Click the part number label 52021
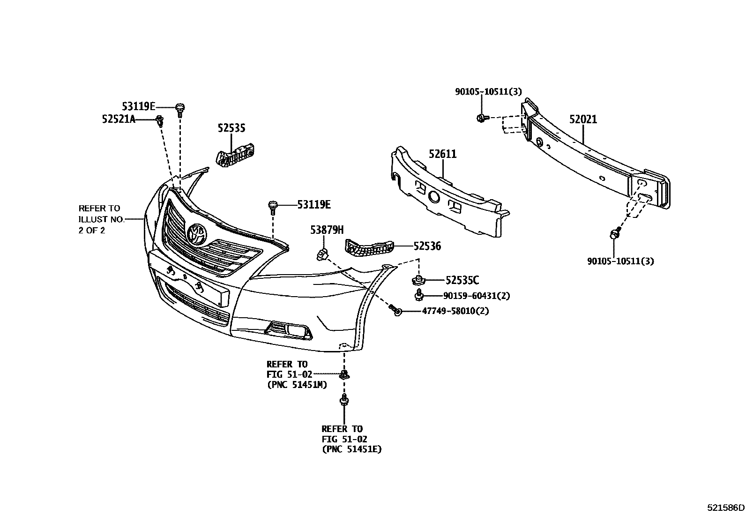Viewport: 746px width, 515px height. pyautogui.click(x=583, y=119)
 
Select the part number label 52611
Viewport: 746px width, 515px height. pyautogui.click(x=442, y=154)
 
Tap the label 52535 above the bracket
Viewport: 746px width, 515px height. pyautogui.click(x=231, y=128)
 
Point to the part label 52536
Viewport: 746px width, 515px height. pyautogui.click(x=427, y=246)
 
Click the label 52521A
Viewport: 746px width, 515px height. pyautogui.click(x=119, y=119)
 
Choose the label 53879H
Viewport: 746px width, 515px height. pyautogui.click(x=327, y=230)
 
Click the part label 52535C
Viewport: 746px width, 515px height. pyautogui.click(x=462, y=280)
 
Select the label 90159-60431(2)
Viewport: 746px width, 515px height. pyautogui.click(x=477, y=296)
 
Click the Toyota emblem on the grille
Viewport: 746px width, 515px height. pyautogui.click(x=196, y=234)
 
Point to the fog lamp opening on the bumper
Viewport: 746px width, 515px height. pyautogui.click(x=287, y=329)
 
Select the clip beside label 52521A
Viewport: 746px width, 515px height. pyautogui.click(x=160, y=120)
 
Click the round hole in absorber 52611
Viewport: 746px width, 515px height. pyautogui.click(x=434, y=197)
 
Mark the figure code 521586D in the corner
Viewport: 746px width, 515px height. pyautogui.click(x=725, y=508)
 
